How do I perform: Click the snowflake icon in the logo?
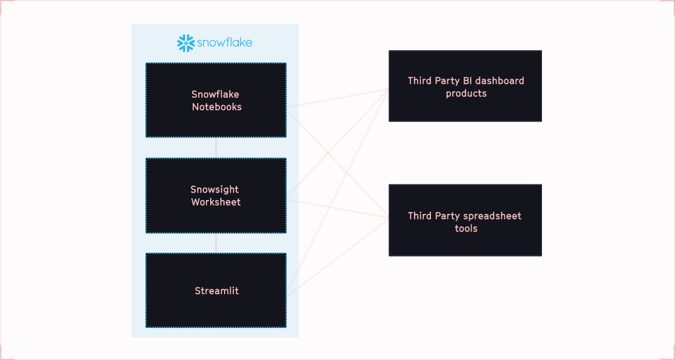[186, 43]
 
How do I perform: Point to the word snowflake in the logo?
[224, 43]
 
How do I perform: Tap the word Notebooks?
[217, 107]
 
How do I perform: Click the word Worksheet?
[216, 203]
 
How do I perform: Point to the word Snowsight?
[215, 189]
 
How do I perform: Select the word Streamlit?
[216, 291]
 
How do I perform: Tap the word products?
[466, 93]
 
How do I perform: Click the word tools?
[466, 229]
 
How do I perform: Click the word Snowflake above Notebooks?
[215, 95]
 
